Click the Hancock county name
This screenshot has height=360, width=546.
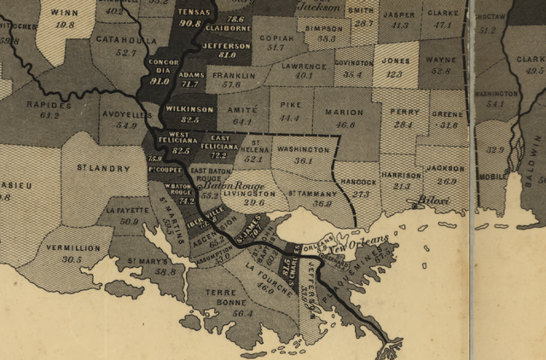click(x=360, y=182)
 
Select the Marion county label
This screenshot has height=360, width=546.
click(x=346, y=112)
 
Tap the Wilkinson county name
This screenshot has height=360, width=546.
click(x=190, y=110)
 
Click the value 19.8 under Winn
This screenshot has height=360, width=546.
click(x=64, y=25)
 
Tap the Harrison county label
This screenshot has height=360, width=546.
click(x=402, y=175)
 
